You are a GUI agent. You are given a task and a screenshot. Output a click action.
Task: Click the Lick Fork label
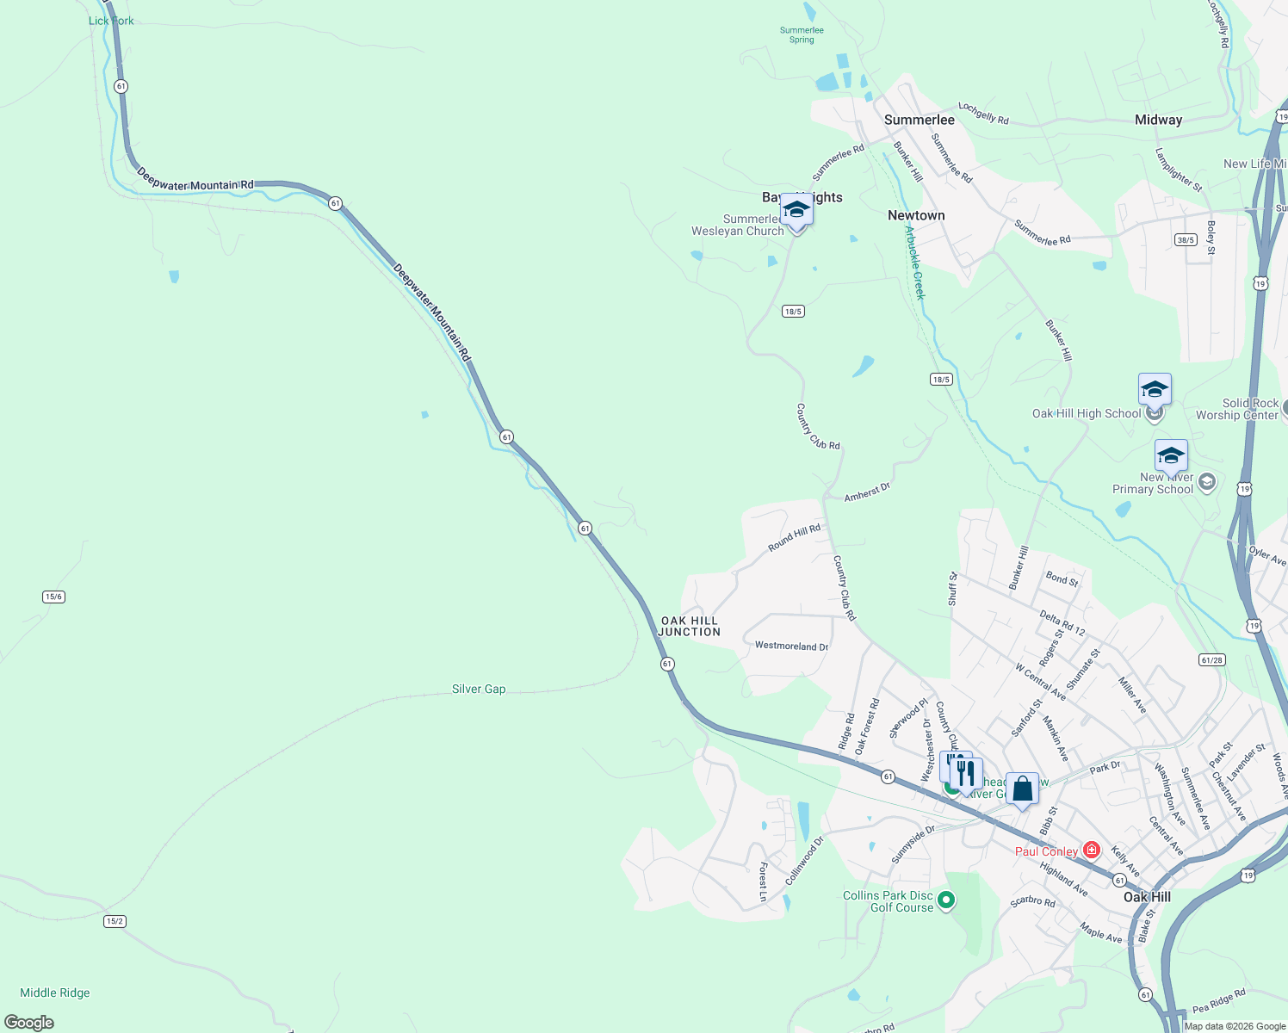coord(111,21)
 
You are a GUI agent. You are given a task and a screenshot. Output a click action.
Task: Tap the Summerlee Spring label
coord(802,35)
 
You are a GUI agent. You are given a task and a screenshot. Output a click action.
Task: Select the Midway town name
coord(1158,121)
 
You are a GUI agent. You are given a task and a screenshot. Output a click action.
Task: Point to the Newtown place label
coord(916,216)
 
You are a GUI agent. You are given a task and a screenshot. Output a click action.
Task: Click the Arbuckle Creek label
coord(914,262)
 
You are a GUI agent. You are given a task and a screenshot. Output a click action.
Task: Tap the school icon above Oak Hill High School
coord(1154,390)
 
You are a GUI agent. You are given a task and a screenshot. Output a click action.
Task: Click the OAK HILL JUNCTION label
coord(689,627)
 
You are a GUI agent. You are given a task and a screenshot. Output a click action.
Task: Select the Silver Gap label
coord(479,690)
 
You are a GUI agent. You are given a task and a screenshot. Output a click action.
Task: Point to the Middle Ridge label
coord(55,993)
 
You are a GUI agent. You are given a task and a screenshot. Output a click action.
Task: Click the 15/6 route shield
coord(53,597)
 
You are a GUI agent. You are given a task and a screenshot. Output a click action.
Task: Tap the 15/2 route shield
coord(115,921)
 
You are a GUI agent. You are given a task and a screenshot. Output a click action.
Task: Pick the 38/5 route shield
coord(1186,240)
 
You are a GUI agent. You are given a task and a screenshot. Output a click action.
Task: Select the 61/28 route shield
coord(1211,660)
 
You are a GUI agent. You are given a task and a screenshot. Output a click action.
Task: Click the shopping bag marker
coord(1022,789)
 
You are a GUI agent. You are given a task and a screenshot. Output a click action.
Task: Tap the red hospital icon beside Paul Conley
coord(1092,851)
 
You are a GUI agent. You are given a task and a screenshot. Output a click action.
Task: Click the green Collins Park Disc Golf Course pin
coord(946,900)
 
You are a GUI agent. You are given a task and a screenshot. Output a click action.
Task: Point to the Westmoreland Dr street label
coord(791,646)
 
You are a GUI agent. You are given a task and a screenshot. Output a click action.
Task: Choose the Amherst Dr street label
coord(867,493)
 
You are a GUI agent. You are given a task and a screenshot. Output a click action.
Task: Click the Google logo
coord(29,1022)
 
